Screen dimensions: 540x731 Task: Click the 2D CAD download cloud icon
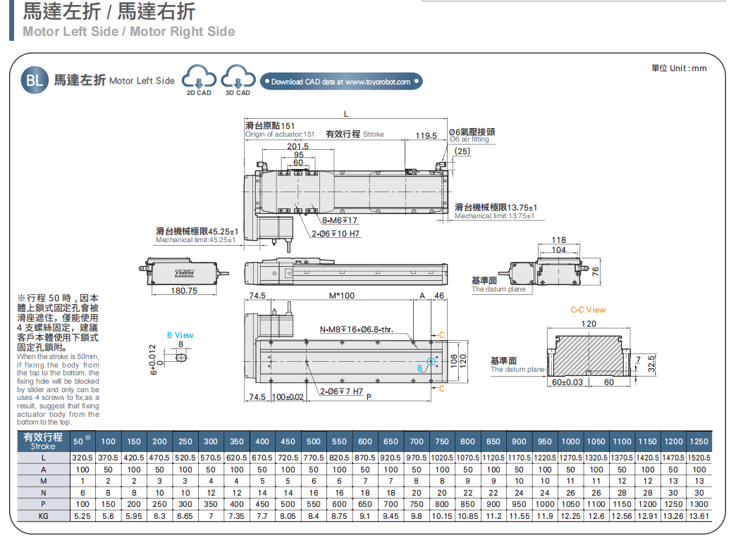(198, 78)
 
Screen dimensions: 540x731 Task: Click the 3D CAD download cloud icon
(237, 78)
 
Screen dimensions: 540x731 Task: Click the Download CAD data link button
(341, 82)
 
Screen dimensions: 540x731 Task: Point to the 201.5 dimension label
(298, 146)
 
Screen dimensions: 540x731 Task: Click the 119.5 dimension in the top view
(426, 135)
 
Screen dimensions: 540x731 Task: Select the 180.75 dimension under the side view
(184, 291)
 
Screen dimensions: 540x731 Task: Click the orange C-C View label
(588, 310)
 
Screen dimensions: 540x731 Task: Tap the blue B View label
(180, 335)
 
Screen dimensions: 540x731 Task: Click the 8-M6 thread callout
(340, 221)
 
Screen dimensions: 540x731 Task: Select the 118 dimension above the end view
(558, 241)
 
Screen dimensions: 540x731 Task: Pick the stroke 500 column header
(314, 441)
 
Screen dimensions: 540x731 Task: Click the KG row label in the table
(43, 516)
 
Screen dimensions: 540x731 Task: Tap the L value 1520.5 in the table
(699, 458)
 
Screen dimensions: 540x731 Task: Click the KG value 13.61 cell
(699, 516)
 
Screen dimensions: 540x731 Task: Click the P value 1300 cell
(699, 504)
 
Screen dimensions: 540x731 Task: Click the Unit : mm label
(679, 68)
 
